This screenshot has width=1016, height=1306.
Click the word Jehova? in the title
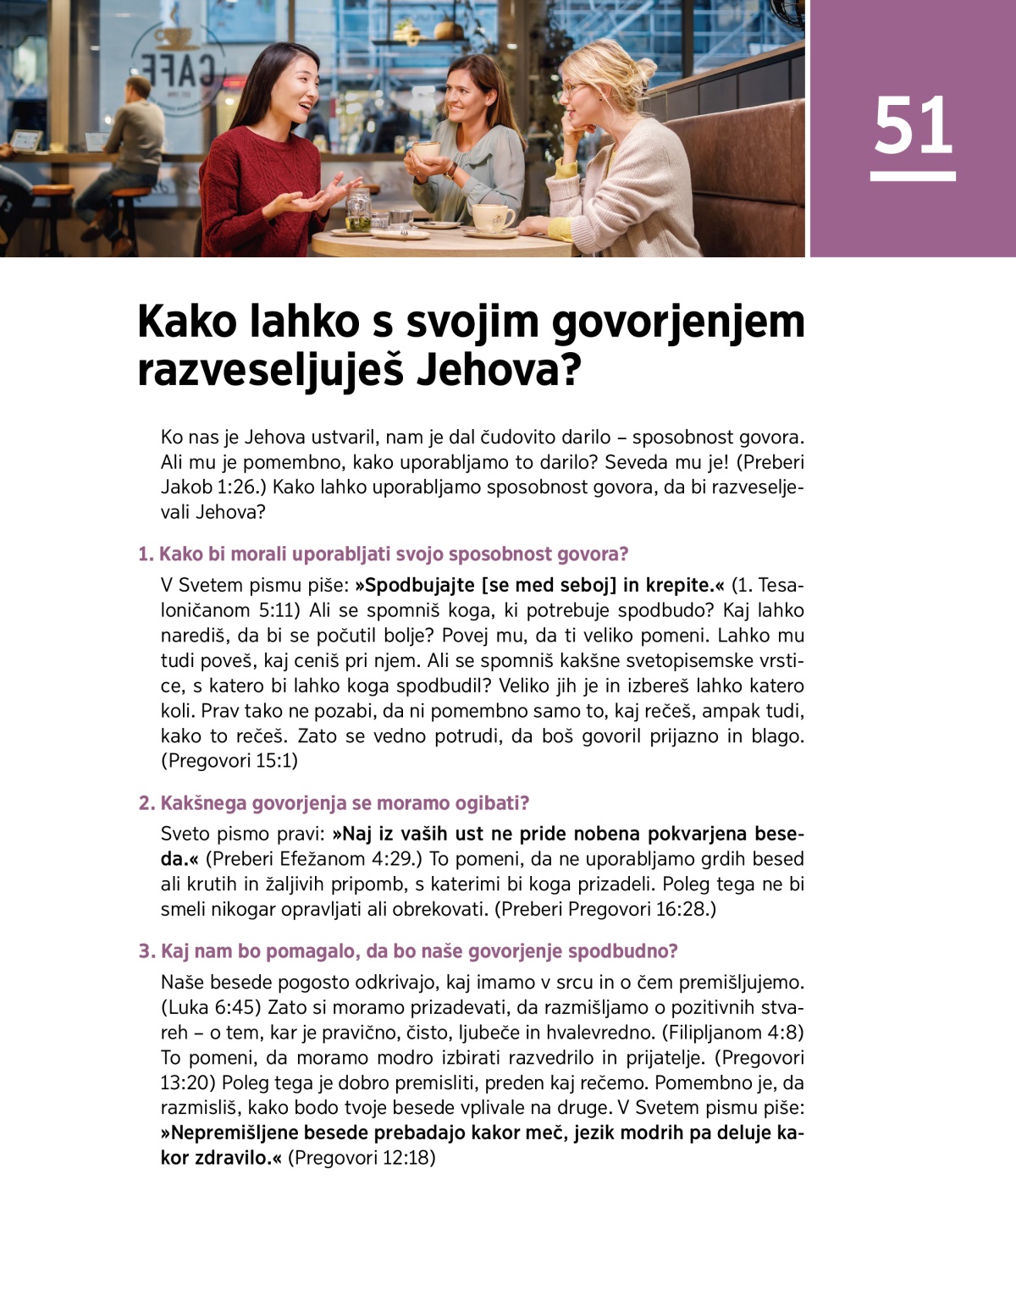[500, 370]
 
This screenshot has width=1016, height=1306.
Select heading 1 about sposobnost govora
[384, 554]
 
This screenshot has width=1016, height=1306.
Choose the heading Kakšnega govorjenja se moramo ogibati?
[334, 803]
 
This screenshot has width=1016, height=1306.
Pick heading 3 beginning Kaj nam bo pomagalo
[408, 951]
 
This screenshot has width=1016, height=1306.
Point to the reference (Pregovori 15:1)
[229, 761]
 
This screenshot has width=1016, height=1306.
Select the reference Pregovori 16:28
[640, 909]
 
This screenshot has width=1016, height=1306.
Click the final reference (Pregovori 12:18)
[362, 1158]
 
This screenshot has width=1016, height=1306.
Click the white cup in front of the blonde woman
[492, 217]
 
